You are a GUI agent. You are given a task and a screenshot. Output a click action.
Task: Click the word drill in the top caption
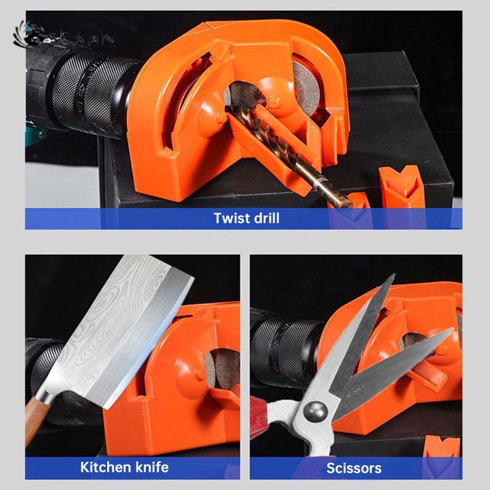(266, 218)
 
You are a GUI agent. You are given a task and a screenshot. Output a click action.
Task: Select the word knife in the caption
(152, 467)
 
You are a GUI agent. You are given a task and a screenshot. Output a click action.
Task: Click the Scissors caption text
(354, 468)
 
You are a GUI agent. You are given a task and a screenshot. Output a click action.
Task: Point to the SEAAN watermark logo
(64, 36)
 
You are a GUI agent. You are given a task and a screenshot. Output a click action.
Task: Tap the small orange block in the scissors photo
(441, 447)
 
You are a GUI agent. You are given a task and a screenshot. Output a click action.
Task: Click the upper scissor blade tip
(394, 274)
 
